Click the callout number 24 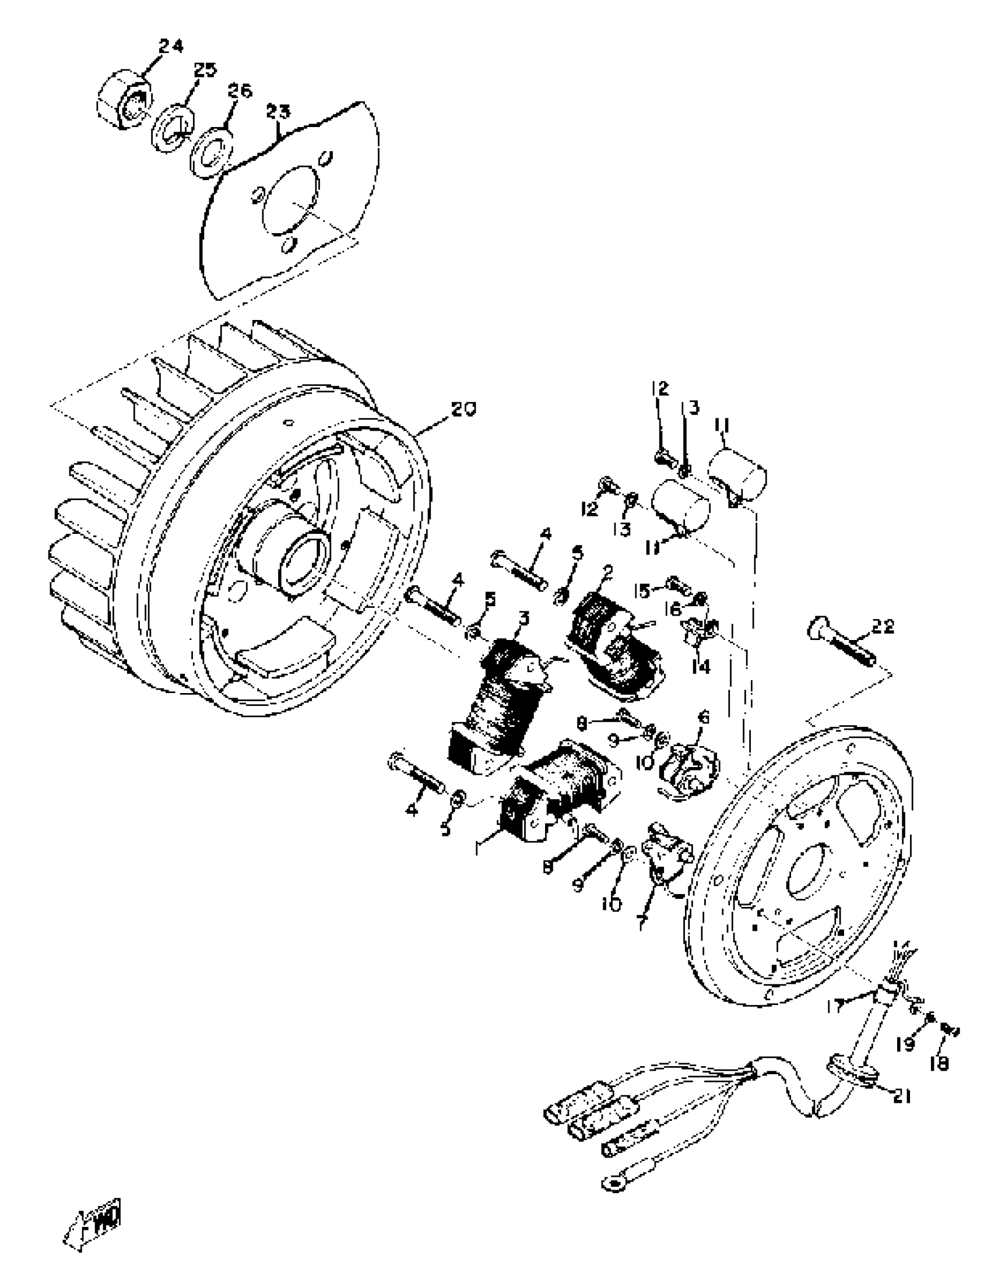pos(171,45)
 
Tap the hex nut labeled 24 pos(122,99)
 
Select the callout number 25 pos(205,70)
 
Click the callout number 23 pos(279,111)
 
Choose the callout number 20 pos(463,409)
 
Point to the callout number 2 pos(607,571)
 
